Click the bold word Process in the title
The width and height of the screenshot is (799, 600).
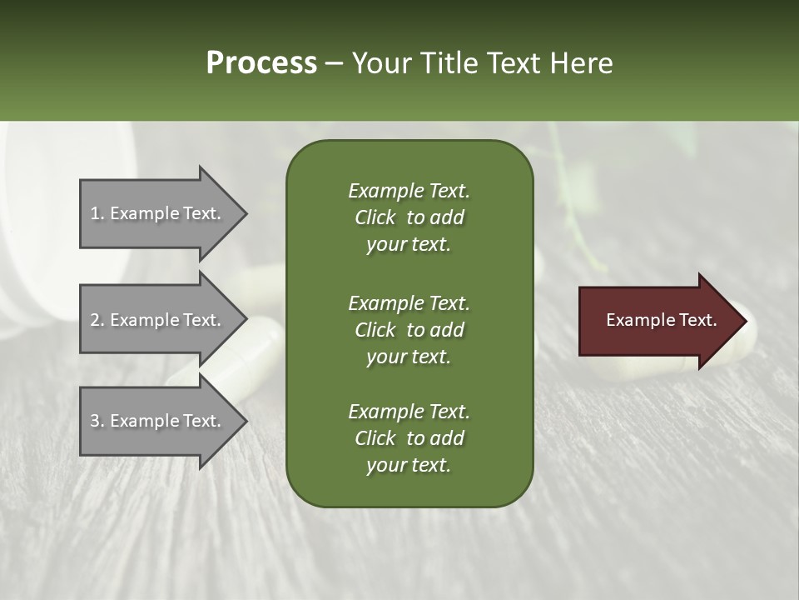pyautogui.click(x=261, y=62)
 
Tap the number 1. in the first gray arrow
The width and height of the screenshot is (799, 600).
pyautogui.click(x=97, y=213)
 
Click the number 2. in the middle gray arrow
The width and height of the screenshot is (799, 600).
pyautogui.click(x=97, y=320)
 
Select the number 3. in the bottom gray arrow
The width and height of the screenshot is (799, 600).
pyautogui.click(x=97, y=421)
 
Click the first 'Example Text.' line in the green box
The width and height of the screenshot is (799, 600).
pyautogui.click(x=409, y=191)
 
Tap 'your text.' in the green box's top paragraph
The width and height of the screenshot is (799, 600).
pyautogui.click(x=409, y=245)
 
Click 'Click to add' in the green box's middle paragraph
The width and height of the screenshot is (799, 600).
pyautogui.click(x=409, y=330)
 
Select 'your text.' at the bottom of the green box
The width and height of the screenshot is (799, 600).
pyautogui.click(x=409, y=466)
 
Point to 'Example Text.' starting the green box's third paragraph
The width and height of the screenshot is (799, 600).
pyautogui.click(x=409, y=412)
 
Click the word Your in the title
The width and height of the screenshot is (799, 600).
pyautogui.click(x=380, y=62)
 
